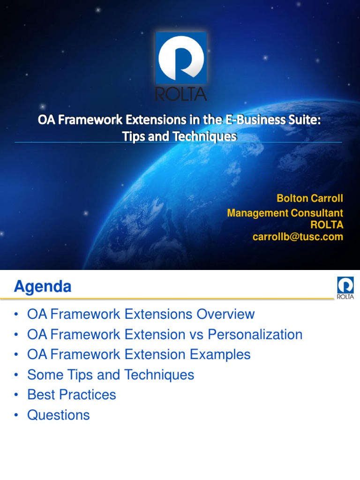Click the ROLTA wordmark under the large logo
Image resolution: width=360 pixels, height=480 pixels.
pyautogui.click(x=181, y=94)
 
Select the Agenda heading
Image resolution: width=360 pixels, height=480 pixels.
pyautogui.click(x=43, y=286)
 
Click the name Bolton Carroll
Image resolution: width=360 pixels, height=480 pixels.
pyautogui.click(x=310, y=198)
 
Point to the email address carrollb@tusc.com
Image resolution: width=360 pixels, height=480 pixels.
pyautogui.click(x=298, y=237)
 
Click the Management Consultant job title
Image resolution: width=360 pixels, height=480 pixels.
pyautogui.click(x=285, y=213)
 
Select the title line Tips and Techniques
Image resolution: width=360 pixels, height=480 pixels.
pyautogui.click(x=180, y=136)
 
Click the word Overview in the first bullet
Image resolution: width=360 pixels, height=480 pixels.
pyautogui.click(x=225, y=314)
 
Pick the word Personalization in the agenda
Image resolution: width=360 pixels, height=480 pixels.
pyautogui.click(x=255, y=334)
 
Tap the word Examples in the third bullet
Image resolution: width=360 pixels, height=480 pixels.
pyautogui.click(x=220, y=354)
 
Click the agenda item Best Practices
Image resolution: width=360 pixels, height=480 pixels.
pyautogui.click(x=72, y=395)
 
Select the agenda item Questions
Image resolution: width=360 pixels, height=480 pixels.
pyautogui.click(x=59, y=415)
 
